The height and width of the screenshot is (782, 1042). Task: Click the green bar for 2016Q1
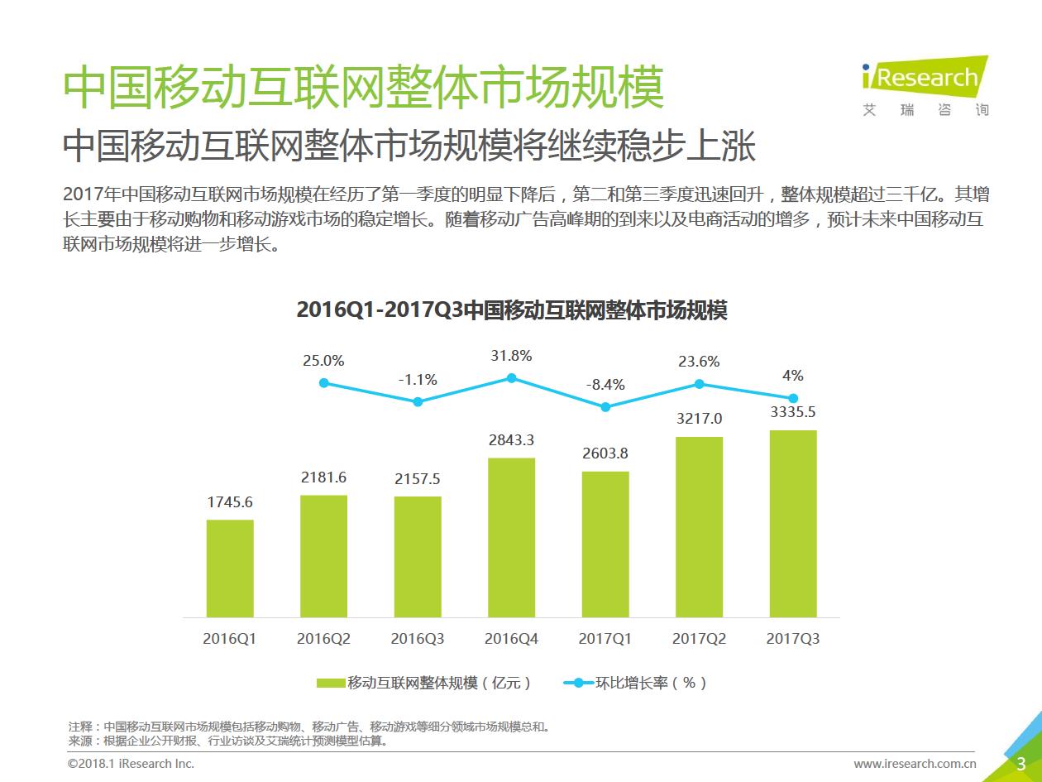point(230,569)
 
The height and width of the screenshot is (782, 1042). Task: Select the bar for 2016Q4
point(511,538)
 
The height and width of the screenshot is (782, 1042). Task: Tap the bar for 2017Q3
point(793,524)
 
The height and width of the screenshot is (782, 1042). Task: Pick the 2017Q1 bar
point(605,545)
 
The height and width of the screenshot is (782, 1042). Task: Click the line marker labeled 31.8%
point(512,378)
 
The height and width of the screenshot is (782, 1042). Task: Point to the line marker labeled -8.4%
point(605,407)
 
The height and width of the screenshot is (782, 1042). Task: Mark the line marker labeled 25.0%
point(324,383)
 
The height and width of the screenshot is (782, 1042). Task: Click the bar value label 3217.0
point(700,419)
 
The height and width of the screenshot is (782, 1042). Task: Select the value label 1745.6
point(230,501)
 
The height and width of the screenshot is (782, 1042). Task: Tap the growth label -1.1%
point(418,380)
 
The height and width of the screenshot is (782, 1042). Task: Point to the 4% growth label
point(793,376)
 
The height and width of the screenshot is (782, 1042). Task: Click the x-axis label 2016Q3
point(418,640)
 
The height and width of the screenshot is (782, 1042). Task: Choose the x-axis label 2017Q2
point(700,640)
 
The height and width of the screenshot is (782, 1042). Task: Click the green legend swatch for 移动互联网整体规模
point(330,684)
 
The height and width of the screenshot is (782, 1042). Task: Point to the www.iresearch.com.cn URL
point(915,764)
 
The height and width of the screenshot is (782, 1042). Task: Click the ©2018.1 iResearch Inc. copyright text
point(131,764)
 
